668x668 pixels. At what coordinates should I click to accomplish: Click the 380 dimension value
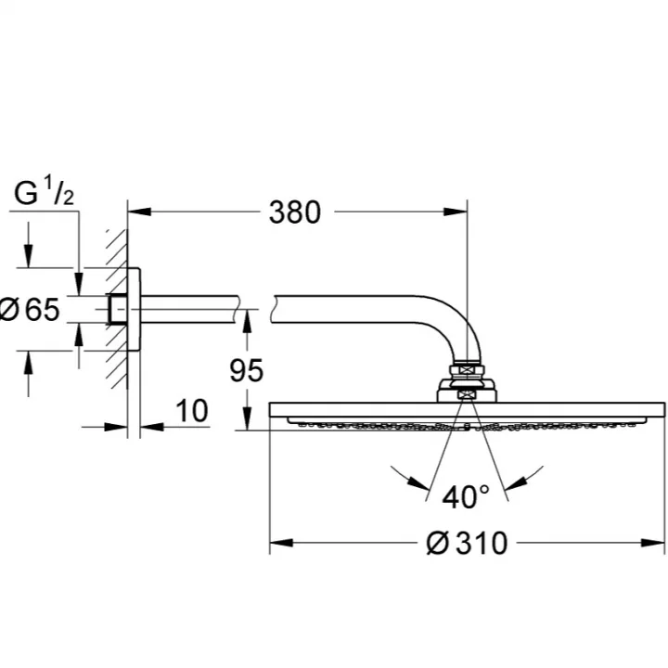tap(294, 212)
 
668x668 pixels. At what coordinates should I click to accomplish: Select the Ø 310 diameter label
tap(467, 543)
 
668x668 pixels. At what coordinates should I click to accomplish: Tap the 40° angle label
tap(466, 496)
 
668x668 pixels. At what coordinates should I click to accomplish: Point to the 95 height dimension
tap(246, 370)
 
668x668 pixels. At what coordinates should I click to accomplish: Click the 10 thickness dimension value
tap(192, 411)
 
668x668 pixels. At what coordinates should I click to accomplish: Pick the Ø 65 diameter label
tap(30, 310)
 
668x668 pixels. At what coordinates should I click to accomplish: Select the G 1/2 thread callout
tap(44, 192)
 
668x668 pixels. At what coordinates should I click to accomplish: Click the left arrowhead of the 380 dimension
tap(139, 212)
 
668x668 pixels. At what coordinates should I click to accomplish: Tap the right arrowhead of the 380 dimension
tap(456, 212)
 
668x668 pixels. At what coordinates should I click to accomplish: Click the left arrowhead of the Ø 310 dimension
tap(281, 543)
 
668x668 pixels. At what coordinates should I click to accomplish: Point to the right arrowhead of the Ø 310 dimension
tap(653, 543)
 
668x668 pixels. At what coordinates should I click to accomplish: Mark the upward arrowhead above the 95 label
tap(247, 322)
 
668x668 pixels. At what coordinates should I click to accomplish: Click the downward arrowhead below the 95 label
tap(247, 418)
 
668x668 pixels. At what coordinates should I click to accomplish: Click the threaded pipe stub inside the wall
tap(117, 309)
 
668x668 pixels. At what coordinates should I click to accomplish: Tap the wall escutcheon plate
tap(134, 309)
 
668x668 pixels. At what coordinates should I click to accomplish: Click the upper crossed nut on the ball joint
tap(467, 369)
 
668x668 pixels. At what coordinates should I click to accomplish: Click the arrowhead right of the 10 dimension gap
tap(152, 426)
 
